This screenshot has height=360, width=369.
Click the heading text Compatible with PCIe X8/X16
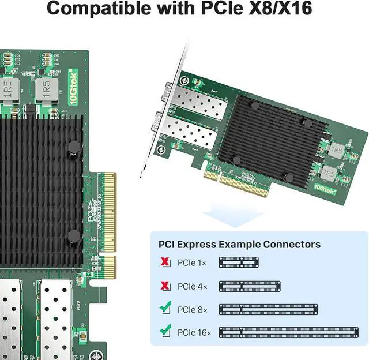coord(184,9)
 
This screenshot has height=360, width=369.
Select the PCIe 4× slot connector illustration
coord(249,286)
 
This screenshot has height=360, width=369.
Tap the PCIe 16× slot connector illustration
coord(288,332)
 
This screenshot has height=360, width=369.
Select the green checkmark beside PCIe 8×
coord(166,309)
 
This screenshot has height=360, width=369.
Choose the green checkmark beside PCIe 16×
coord(166,332)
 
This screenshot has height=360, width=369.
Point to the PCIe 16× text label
coord(195,332)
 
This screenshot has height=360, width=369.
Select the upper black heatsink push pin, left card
coord(73,148)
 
